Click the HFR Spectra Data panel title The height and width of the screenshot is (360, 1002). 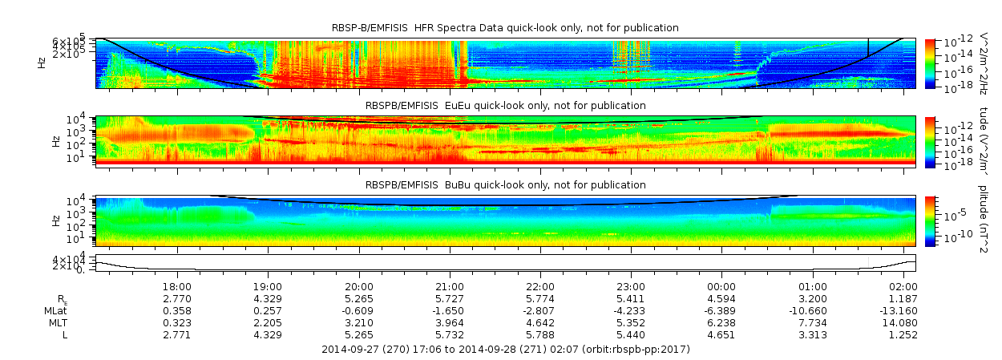[505, 28]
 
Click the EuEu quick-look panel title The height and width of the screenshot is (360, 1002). [505, 106]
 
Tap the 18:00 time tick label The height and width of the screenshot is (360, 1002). [176, 286]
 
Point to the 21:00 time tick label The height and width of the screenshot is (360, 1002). [450, 286]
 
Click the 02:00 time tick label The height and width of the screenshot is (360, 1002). [903, 286]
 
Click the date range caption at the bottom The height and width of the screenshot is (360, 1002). [505, 350]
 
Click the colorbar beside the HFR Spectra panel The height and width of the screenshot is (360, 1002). [930, 63]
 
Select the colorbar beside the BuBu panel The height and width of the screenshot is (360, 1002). [930, 220]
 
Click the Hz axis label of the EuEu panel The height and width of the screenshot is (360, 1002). [55, 141]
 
